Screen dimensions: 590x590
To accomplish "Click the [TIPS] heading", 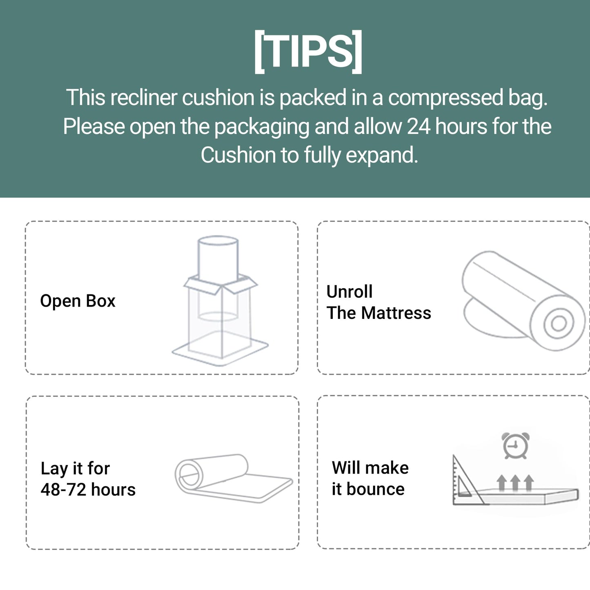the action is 308,51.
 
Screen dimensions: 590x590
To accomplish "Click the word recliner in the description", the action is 144,98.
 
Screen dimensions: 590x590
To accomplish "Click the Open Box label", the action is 78,301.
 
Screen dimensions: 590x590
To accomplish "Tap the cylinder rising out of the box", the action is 218,260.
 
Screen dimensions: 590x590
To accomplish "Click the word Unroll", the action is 350,291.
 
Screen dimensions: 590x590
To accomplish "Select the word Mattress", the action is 396,313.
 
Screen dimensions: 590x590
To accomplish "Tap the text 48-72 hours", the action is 88,490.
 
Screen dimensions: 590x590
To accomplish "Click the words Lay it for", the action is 75,468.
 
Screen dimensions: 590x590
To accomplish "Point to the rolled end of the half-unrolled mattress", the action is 189,474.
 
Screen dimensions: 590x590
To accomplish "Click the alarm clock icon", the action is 516,445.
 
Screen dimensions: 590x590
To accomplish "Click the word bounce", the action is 375,489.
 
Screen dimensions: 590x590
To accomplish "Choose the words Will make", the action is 370,468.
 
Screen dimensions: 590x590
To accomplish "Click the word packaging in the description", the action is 262,127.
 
